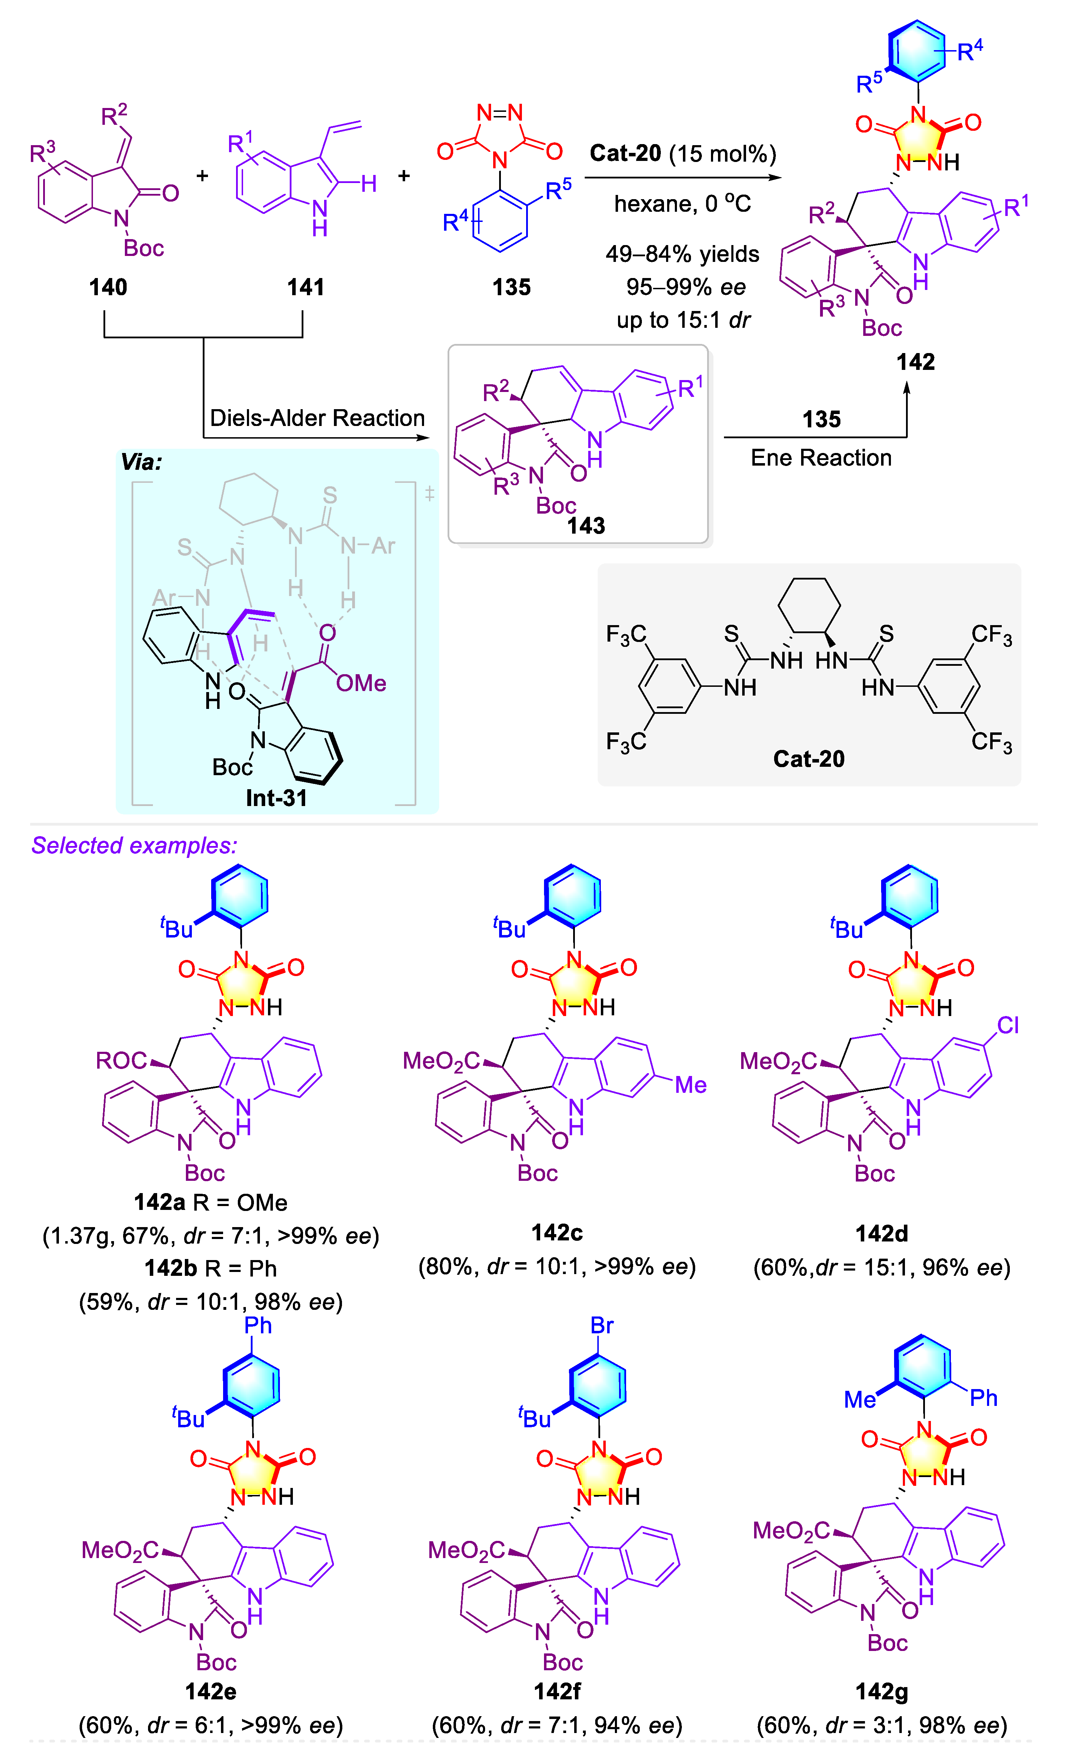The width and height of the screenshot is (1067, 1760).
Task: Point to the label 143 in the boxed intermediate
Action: pos(586,526)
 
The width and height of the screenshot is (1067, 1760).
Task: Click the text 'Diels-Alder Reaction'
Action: pos(317,418)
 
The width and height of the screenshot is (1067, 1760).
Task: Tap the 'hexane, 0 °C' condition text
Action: pos(683,204)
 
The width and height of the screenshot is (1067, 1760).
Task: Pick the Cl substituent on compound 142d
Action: pos(1008,1026)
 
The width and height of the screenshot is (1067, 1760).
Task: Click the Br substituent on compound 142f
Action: pos(602,1326)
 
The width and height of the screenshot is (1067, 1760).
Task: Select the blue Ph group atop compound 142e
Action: pos(258,1326)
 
